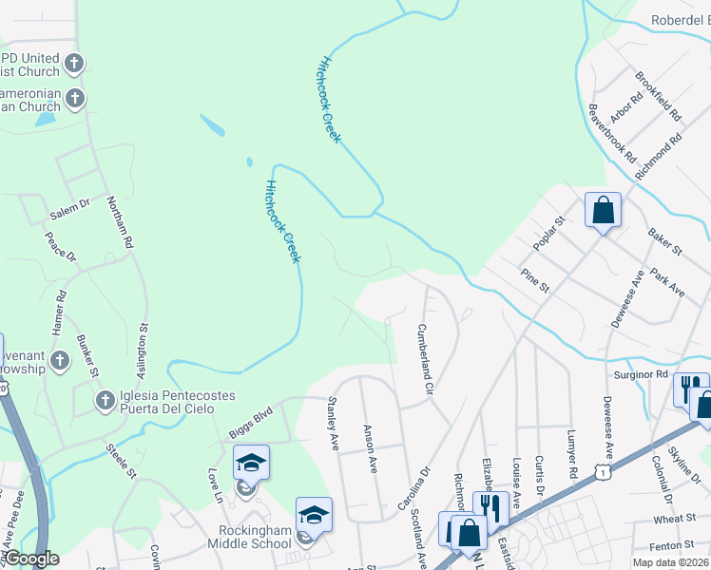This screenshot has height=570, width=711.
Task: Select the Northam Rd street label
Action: (121, 222)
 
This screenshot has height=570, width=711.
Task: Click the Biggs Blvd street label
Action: (250, 424)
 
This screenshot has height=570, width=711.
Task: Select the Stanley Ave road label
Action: (334, 425)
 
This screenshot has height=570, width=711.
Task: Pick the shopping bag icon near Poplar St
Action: (603, 210)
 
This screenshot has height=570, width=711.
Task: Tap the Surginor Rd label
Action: (642, 375)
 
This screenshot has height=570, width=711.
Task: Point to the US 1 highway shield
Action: (601, 472)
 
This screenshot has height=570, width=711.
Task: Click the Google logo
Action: (32, 559)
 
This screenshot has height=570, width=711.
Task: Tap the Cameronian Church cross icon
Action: (74, 98)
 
